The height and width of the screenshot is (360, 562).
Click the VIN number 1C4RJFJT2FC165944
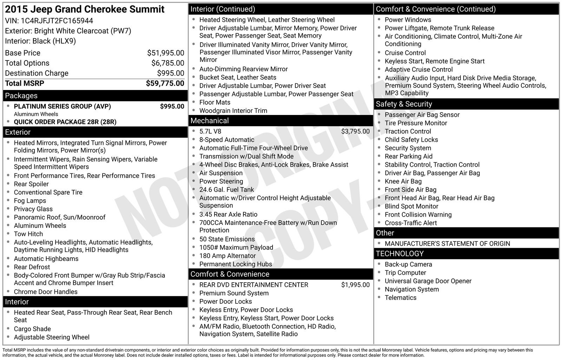(x=57, y=21)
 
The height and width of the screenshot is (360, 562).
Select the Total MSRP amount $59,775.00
(x=165, y=83)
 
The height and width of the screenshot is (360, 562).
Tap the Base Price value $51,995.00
(x=165, y=53)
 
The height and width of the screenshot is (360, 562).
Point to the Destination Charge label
(x=37, y=73)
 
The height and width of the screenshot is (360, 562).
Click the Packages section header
(x=21, y=96)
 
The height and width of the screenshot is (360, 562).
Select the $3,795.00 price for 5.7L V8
(x=355, y=131)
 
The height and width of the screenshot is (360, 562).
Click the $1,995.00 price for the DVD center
(x=355, y=285)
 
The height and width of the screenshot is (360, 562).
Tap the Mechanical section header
(x=209, y=121)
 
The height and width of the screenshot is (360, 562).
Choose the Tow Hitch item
(x=28, y=234)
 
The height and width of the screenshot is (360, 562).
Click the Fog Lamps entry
(x=30, y=201)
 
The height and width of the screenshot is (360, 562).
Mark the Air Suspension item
(x=221, y=173)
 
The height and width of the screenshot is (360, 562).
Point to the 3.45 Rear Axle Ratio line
(x=228, y=214)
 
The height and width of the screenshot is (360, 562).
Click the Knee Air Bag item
(x=403, y=181)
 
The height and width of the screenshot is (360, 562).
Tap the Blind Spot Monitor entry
(x=411, y=206)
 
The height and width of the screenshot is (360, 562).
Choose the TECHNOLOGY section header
(x=399, y=253)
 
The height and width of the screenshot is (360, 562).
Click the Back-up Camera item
(x=408, y=264)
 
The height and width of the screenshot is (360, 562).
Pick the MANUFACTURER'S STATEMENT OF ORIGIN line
(x=447, y=244)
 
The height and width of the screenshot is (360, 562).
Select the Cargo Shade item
(x=32, y=329)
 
